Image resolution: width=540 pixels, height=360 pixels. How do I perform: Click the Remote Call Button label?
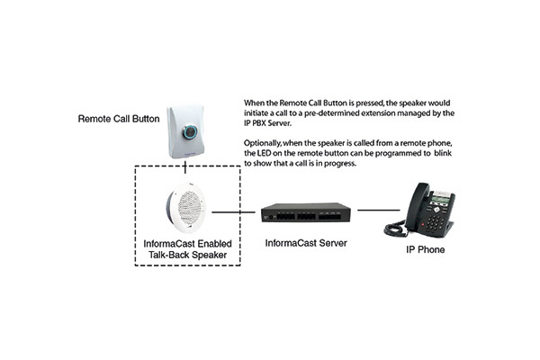119,119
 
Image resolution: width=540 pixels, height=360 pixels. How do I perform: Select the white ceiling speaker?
185,208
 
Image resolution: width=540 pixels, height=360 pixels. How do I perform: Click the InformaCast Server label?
306,243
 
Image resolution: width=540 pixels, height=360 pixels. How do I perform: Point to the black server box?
306,212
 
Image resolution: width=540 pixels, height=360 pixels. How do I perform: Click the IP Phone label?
426,249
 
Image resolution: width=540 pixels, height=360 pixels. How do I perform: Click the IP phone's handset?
417,207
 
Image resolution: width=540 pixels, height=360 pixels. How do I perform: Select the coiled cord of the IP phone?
395,229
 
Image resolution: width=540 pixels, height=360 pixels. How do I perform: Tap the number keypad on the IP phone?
435,221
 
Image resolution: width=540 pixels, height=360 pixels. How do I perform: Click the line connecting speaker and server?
233,212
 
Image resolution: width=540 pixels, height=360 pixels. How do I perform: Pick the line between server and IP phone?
379,210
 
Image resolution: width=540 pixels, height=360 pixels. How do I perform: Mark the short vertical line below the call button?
185,166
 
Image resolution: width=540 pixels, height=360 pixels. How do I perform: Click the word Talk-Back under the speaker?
168,255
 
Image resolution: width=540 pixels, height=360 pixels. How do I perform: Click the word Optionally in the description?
263,143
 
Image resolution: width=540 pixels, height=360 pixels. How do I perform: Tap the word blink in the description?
443,153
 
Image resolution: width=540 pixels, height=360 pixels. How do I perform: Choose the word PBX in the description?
258,123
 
